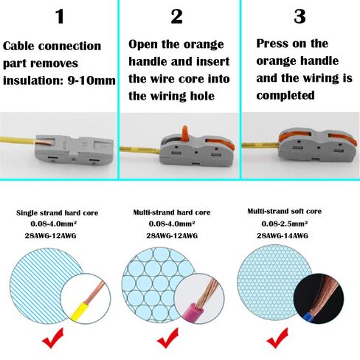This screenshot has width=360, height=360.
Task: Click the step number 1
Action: [60, 16]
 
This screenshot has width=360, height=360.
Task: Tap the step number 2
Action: [177, 16]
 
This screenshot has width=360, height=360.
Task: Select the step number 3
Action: [300, 16]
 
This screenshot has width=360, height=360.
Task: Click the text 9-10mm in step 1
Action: [91, 80]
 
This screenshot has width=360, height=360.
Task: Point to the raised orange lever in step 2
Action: [184, 134]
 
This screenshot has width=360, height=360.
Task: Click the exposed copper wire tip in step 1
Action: [44, 142]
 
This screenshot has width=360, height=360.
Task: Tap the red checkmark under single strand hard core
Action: [52, 338]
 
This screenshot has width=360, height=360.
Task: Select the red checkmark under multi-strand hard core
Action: [167, 338]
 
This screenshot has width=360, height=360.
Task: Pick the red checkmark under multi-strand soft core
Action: [277, 338]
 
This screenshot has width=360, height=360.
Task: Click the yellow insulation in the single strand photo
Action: [80, 311]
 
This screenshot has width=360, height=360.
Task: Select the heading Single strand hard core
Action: [58, 213]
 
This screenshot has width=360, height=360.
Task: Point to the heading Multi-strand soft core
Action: [285, 211]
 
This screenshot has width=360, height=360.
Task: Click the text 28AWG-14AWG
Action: [283, 235]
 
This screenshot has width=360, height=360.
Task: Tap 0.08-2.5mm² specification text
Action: [285, 224]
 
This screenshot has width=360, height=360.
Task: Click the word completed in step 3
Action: [285, 95]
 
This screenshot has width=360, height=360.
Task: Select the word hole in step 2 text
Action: [201, 96]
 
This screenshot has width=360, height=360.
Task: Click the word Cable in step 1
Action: [19, 46]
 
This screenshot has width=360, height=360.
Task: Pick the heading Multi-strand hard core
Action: [172, 212]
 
